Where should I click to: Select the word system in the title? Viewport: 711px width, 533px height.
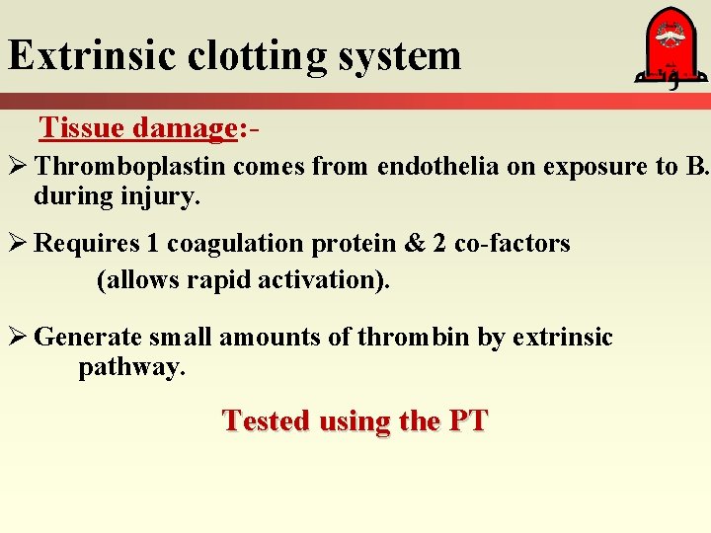pos(400,57)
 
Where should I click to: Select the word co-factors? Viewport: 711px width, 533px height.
pos(513,244)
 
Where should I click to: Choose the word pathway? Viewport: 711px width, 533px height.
pos(130,368)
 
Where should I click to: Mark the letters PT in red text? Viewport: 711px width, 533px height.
pos(467,421)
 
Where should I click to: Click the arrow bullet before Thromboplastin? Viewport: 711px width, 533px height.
pos(18,168)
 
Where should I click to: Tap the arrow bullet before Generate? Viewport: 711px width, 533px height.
pos(18,339)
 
